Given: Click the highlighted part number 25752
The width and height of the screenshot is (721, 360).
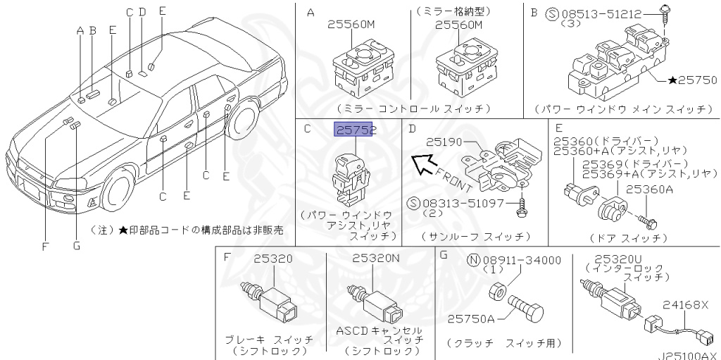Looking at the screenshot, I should [x=356, y=130].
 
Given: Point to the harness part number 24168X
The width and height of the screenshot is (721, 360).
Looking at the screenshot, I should [x=686, y=305].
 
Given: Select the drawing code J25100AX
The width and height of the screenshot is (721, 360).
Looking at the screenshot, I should [x=689, y=354].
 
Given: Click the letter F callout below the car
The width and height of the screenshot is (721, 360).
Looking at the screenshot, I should [x=46, y=246].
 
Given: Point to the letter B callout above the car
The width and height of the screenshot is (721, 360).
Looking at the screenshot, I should [x=92, y=30].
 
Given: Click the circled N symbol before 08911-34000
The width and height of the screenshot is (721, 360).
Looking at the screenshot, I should [x=475, y=261].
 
